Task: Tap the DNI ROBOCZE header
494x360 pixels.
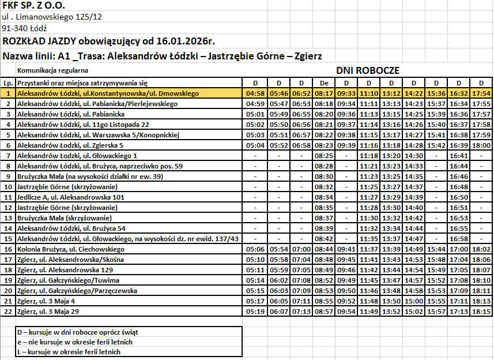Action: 368,70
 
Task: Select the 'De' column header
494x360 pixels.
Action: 324,83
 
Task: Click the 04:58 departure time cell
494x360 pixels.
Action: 255,93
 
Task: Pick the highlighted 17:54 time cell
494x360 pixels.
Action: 481,93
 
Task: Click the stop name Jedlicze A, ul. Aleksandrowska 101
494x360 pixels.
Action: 71,197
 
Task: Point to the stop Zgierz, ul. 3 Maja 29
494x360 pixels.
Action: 48,312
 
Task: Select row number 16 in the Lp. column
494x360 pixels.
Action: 8,249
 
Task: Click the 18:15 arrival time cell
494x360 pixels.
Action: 481,312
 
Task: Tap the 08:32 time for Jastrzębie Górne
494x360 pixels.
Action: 324,187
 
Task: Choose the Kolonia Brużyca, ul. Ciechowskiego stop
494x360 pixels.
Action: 71,249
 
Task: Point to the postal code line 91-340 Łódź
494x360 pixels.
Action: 25,28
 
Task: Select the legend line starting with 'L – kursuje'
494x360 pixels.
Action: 72,351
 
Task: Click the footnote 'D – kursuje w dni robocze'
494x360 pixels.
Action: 78,332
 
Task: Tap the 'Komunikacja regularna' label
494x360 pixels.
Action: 53,70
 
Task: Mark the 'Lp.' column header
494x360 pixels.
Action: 8,83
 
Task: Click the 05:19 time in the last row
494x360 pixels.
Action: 255,312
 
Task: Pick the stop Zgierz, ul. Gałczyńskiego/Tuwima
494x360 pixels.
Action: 68,280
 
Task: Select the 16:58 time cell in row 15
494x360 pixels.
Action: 458,239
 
